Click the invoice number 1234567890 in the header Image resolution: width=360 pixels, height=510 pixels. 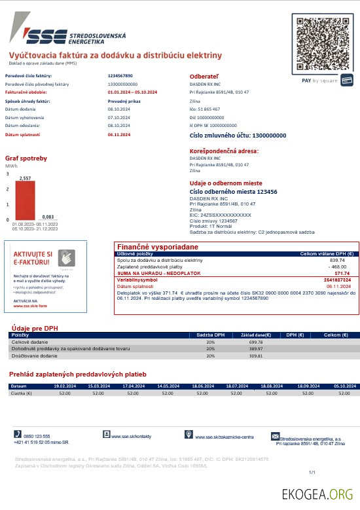pyautogui.click(x=120, y=76)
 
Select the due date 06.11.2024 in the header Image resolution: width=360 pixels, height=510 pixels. pyautogui.click(x=119, y=134)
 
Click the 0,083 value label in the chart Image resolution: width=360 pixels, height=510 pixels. pyautogui.click(x=48, y=217)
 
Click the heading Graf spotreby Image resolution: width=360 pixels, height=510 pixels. pyautogui.click(x=26, y=158)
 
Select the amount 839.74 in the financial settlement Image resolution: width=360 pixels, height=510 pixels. pyautogui.click(x=337, y=260)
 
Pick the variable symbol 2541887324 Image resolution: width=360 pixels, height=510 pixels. pyautogui.click(x=337, y=280)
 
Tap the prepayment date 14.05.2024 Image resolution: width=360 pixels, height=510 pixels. pyautogui.click(x=168, y=386)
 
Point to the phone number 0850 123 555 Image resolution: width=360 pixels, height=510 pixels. pyautogui.click(x=37, y=436)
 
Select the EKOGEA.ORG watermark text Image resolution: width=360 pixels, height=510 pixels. pyautogui.click(x=317, y=494)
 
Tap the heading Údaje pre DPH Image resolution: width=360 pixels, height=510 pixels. pyautogui.click(x=35, y=327)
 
